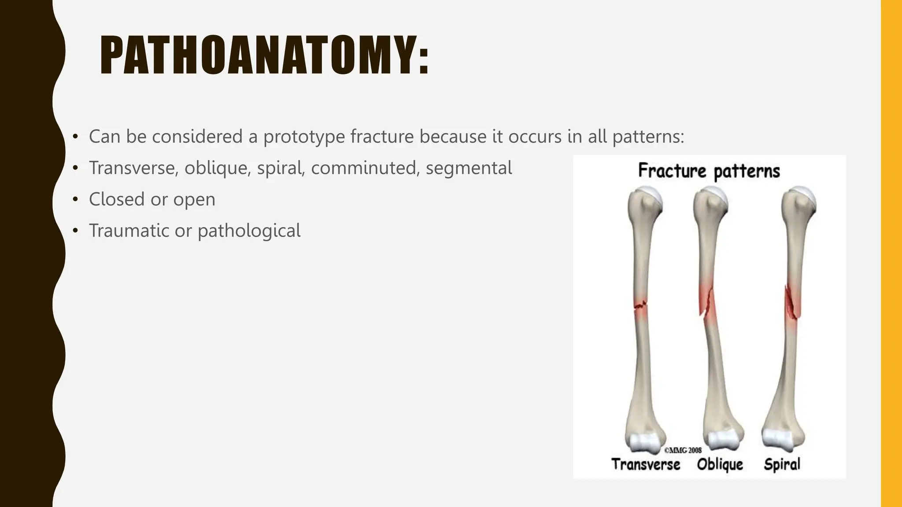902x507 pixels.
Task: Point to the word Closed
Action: point(117,199)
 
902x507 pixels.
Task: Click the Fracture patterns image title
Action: point(709,171)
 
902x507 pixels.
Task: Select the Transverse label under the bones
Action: point(646,464)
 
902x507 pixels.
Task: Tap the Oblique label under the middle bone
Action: point(720,464)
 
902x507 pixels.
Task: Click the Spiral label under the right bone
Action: point(782,464)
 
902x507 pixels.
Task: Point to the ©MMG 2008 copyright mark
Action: point(683,450)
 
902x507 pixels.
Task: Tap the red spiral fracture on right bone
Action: point(792,304)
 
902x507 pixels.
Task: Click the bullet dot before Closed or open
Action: point(75,200)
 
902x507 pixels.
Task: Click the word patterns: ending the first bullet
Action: point(648,136)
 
